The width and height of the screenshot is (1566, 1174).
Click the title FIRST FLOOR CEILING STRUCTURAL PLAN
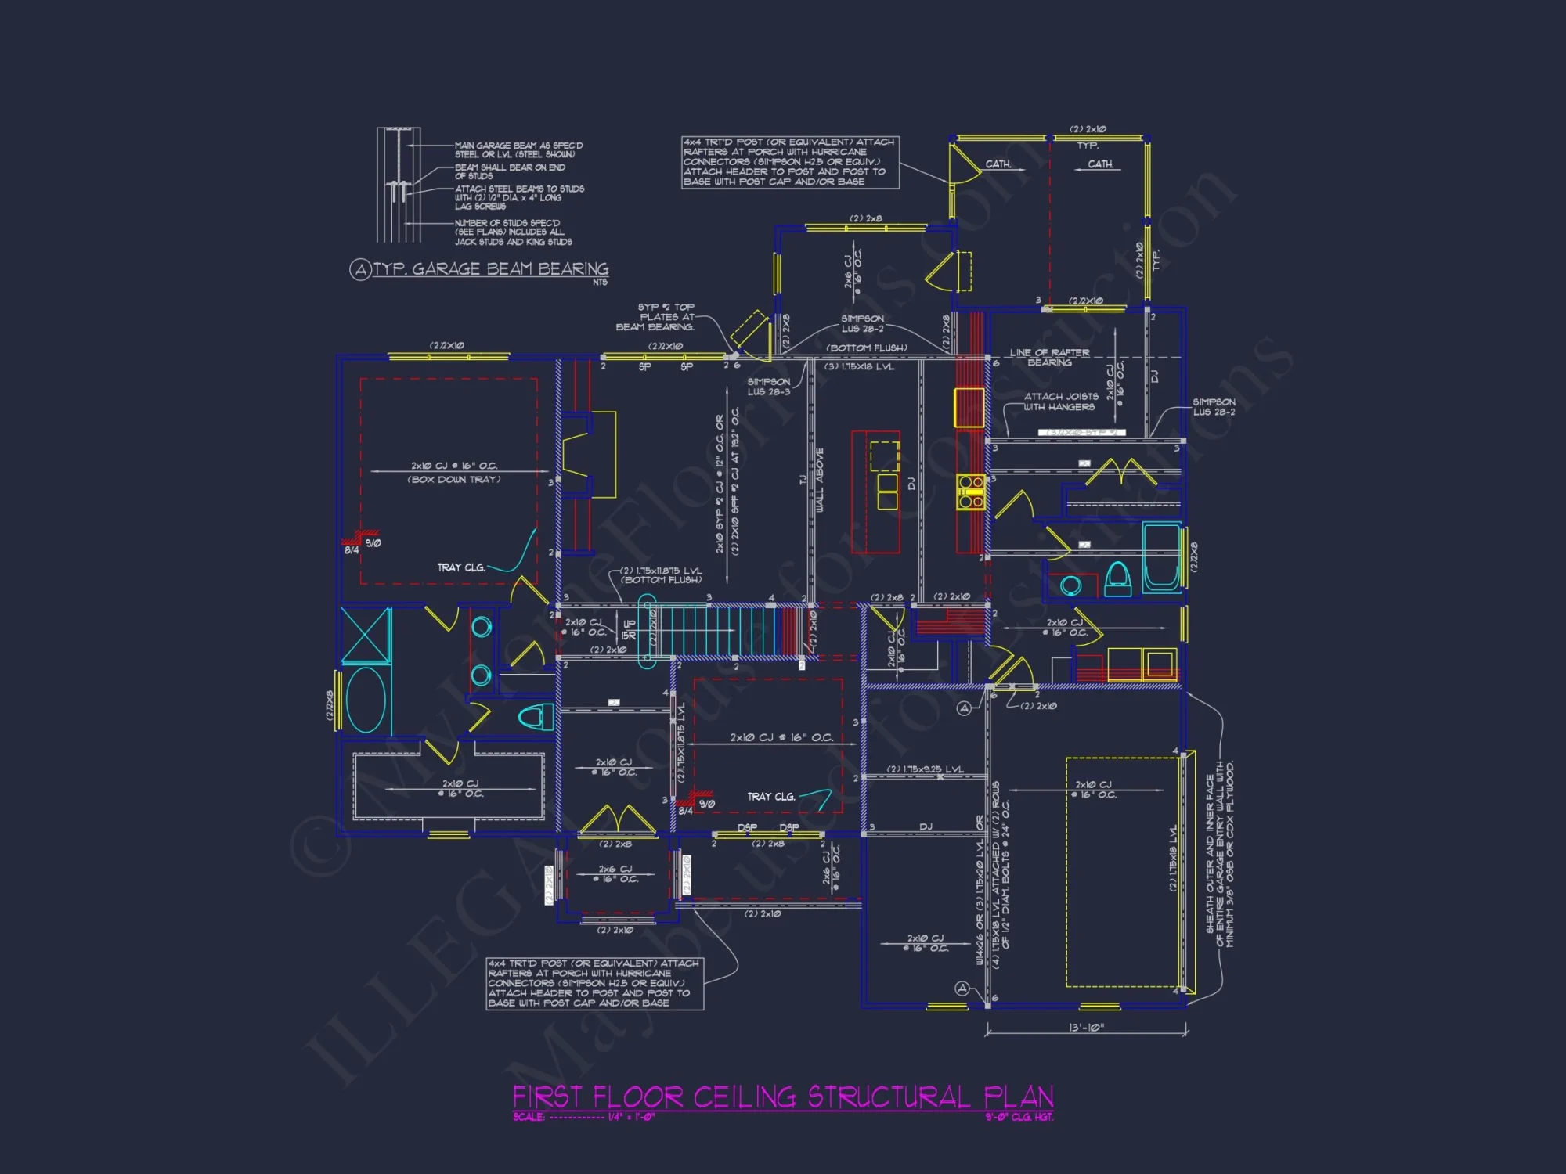click(x=783, y=1097)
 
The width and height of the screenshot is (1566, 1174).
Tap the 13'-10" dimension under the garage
click(x=1086, y=1028)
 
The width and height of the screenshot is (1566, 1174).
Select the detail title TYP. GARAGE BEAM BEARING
click(x=491, y=269)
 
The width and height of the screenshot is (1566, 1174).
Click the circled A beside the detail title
click(x=359, y=270)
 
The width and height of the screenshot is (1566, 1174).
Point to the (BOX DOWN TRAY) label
click(x=454, y=480)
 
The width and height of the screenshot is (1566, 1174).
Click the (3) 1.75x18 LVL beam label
click(x=859, y=366)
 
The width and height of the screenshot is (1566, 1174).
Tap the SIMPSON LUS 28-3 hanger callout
click(x=768, y=387)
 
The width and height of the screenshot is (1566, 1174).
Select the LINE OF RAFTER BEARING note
click(x=1049, y=358)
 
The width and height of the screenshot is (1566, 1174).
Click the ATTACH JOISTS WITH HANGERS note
click(x=1060, y=402)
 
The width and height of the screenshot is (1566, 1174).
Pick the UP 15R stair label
click(x=629, y=630)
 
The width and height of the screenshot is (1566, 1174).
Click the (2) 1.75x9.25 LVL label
click(x=925, y=769)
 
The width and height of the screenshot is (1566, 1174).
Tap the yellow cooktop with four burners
click(x=971, y=492)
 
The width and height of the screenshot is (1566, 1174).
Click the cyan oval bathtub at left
click(x=365, y=699)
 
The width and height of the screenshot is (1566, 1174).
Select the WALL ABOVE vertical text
click(x=820, y=480)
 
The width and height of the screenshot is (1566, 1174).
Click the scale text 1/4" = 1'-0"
click(x=631, y=1117)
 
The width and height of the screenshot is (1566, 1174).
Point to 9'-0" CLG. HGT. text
click(x=1019, y=1117)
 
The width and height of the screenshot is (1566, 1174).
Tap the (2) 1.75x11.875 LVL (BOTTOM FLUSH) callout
click(x=661, y=575)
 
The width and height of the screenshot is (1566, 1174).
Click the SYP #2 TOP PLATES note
click(x=665, y=317)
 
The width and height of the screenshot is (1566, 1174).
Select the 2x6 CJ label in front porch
click(x=616, y=873)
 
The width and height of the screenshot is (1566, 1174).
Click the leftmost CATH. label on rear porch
click(x=998, y=164)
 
